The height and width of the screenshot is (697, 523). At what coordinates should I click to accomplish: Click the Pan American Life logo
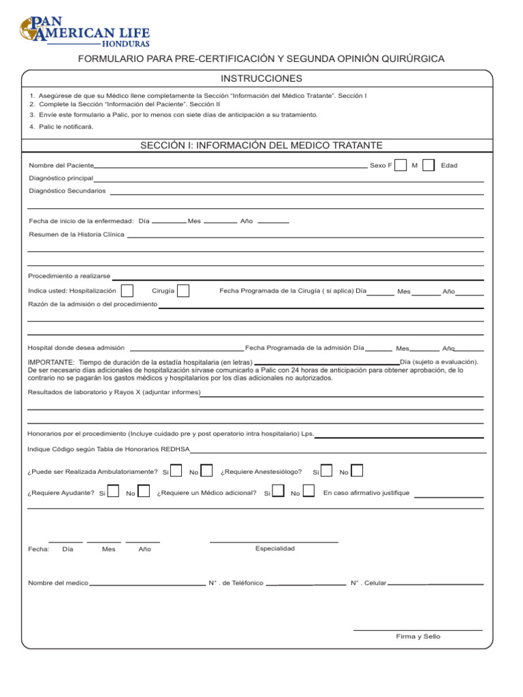pos(84,30)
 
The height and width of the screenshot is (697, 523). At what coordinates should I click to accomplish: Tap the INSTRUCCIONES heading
pos(261,79)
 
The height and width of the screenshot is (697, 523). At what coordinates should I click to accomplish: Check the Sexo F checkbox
pos(402,165)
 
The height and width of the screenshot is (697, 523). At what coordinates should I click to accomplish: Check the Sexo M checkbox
pos(428,165)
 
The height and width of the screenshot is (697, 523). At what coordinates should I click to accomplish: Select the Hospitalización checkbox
pos(127,291)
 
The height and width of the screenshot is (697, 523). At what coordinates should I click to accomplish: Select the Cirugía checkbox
pos(183,291)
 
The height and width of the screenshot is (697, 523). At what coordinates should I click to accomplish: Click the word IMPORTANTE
pos(51,362)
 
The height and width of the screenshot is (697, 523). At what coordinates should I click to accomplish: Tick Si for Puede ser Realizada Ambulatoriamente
pos(176,470)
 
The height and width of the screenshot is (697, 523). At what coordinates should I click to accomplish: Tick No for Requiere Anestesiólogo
pos(356,470)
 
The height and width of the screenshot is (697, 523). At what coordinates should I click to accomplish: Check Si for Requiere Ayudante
pos(114,491)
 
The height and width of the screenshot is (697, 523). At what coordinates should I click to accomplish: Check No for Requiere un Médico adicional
pos(308,491)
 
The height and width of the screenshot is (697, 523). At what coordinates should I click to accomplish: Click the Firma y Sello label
pos(418,636)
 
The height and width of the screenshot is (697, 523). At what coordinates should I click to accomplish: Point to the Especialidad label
pos(275,549)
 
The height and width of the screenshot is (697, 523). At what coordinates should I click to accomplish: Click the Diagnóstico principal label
pos(61,178)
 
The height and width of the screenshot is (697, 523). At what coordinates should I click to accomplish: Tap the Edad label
pos(449,165)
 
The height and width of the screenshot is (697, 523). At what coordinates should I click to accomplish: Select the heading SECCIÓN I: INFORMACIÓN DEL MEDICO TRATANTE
pos(261,145)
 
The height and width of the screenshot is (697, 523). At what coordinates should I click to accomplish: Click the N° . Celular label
pos(368,583)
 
